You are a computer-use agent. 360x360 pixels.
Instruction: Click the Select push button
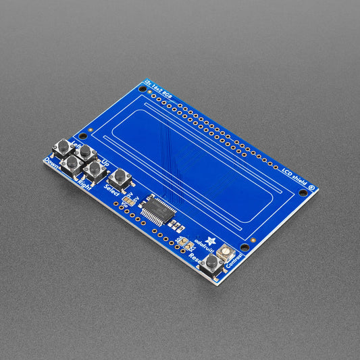tap(120, 177)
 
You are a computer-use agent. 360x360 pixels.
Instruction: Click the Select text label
tap(111, 191)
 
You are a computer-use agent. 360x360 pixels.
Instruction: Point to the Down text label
tap(52, 162)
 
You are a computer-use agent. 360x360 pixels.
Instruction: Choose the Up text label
tap(105, 163)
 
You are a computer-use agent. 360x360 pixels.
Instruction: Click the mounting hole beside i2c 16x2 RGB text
tap(143, 88)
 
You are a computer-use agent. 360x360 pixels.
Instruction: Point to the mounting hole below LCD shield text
tap(303, 192)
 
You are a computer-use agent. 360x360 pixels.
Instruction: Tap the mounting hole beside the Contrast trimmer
tap(245, 247)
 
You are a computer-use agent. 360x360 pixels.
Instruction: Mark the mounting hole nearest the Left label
tap(84, 136)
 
